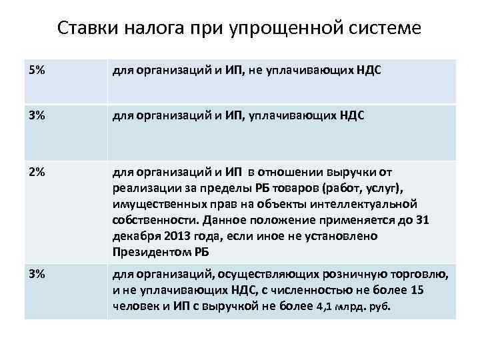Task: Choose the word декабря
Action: tap(133, 235)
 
